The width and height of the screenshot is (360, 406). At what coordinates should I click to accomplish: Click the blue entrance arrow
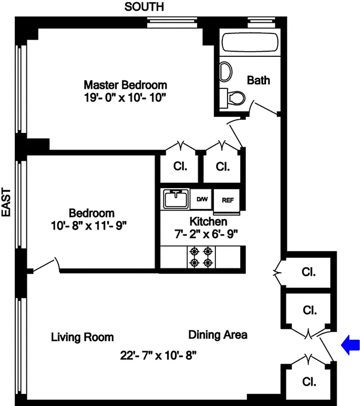(x=350, y=345)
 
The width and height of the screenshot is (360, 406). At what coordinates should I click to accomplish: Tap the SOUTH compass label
(x=144, y=7)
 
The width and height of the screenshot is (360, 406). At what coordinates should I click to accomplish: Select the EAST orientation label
(x=7, y=202)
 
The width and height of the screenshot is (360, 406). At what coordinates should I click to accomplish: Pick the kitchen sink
(x=175, y=198)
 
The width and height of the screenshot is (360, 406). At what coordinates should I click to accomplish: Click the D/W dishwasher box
(x=202, y=199)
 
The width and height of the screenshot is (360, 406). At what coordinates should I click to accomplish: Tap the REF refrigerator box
(x=227, y=199)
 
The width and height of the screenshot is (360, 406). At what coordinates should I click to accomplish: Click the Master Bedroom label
(x=125, y=85)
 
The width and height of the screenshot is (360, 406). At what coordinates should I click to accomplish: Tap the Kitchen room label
(x=208, y=222)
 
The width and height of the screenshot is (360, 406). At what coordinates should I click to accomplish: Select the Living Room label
(x=82, y=337)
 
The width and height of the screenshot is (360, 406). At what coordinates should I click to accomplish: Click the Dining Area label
(x=218, y=335)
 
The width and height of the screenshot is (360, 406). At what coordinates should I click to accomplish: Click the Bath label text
(x=258, y=80)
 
